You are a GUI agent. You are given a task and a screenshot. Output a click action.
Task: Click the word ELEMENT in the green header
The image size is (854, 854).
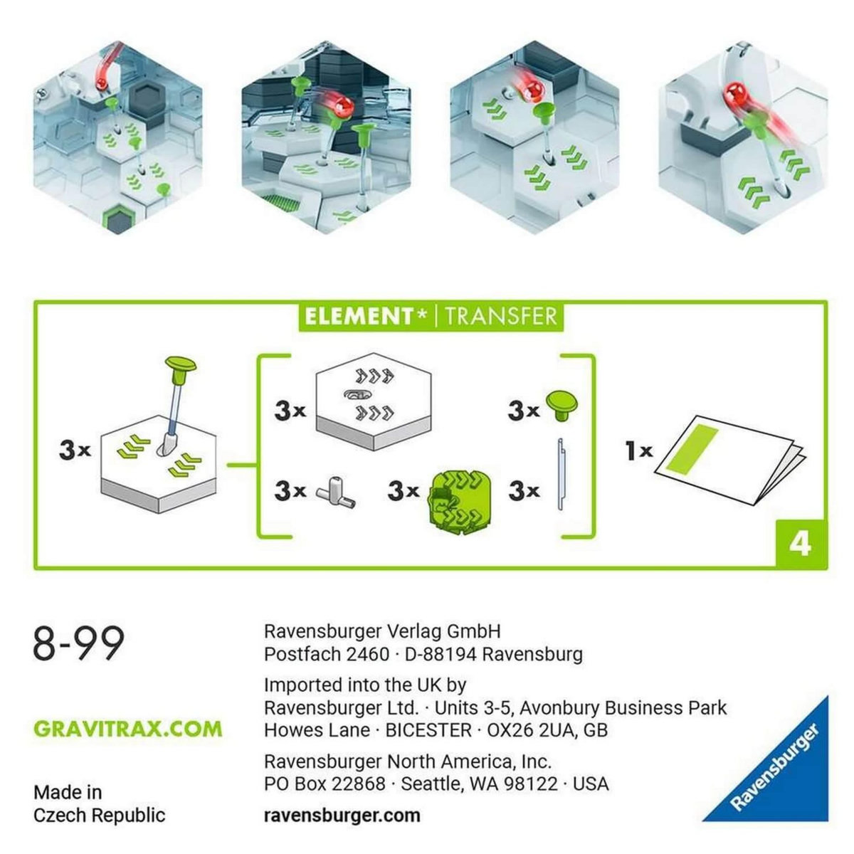[x=359, y=315]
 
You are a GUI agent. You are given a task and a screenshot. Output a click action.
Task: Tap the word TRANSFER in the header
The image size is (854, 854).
[x=500, y=315]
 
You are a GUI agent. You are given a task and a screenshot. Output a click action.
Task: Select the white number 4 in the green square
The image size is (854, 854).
[x=800, y=544]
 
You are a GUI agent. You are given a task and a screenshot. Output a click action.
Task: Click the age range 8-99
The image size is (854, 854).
[x=79, y=643]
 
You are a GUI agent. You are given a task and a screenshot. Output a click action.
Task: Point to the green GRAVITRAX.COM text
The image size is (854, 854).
[x=127, y=729]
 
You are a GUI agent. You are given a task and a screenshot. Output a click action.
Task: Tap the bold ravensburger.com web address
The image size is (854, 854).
[x=342, y=815]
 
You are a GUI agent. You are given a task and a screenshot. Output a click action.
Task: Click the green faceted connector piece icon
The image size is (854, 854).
[x=460, y=492]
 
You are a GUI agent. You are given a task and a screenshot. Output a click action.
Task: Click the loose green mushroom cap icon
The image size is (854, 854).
[x=562, y=406]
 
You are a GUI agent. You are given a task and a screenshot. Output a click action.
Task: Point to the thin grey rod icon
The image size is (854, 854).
[x=560, y=473]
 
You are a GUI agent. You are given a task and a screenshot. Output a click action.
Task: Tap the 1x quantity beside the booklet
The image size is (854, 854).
[x=638, y=450]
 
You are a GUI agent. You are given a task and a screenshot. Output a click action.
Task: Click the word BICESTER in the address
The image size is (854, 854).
[x=428, y=730]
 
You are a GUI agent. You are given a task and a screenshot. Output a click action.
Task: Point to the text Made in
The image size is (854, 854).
[x=68, y=791]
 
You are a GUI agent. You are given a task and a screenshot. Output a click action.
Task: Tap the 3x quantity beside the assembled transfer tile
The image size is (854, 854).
[x=75, y=450]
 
